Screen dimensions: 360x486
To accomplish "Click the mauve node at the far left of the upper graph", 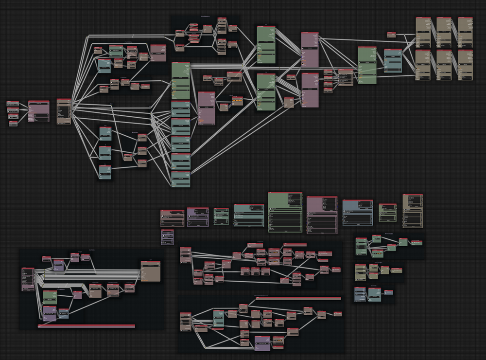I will coord(38,111).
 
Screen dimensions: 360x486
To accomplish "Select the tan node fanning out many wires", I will coord(64,111).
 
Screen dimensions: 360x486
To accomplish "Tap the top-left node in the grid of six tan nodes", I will coord(423,32).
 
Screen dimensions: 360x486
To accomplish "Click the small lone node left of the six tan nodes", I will coord(391,35).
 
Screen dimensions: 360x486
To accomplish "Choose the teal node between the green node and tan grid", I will coord(393,60).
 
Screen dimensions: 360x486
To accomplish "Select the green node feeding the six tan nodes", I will coord(367,65).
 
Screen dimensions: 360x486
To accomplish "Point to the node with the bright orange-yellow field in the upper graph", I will coord(237,100).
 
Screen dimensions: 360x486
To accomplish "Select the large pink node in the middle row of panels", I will coord(321,215).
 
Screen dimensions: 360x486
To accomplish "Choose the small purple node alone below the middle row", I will coord(167,237).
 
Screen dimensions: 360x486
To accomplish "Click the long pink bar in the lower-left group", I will coord(86,325).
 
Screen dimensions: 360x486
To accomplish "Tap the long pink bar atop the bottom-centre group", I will coord(298,298).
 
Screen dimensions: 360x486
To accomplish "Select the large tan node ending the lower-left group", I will coord(150,271).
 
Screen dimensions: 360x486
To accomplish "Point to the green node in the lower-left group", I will coord(50,297).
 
